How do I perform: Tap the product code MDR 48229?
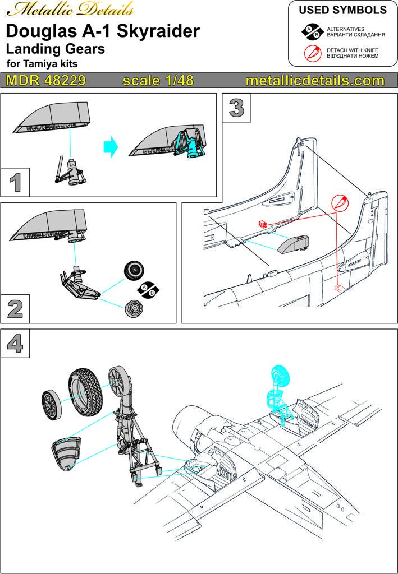click(x=46, y=81)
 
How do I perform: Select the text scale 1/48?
click(x=158, y=81)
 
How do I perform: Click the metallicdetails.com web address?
click(x=315, y=81)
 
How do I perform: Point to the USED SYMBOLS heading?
click(x=342, y=11)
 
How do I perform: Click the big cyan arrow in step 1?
click(x=113, y=149)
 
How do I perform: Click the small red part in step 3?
click(x=262, y=224)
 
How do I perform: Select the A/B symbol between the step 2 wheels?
click(x=147, y=290)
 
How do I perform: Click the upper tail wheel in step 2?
click(x=134, y=272)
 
